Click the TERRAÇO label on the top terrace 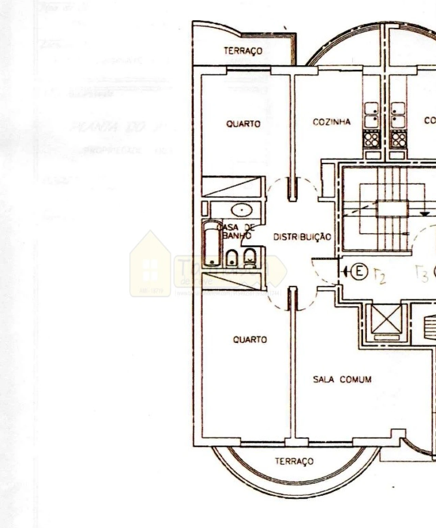tap(243, 51)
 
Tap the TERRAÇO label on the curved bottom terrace tap(294, 461)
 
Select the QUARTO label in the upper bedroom tap(243, 124)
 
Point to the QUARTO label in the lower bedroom tap(250, 340)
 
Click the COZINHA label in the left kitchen tap(331, 122)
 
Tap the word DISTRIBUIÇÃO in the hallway tap(302, 237)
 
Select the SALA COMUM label tap(342, 379)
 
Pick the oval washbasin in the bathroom tap(242, 210)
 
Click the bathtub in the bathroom tap(212, 244)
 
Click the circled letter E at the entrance tap(359, 271)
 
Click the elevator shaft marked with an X tap(386, 319)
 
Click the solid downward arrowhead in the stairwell tap(424, 214)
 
